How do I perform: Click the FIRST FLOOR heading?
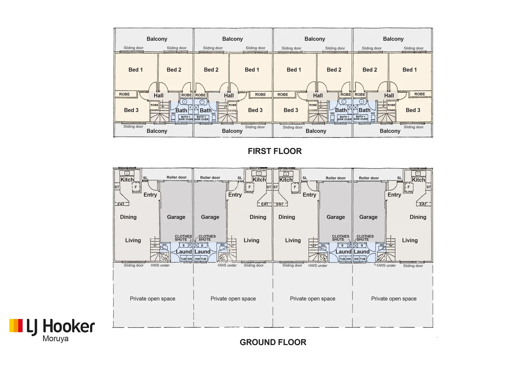point(275,151)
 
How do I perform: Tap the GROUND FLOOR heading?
point(273,342)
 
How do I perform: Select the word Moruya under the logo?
point(56,339)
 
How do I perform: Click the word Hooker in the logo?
point(69,326)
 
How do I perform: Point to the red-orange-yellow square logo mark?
point(16,325)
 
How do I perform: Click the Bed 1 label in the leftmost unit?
point(136,70)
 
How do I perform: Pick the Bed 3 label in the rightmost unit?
point(413,110)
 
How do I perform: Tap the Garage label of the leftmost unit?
point(176,217)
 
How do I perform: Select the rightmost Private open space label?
point(394,299)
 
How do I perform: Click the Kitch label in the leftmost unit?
point(127,180)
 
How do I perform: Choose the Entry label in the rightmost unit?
point(394,195)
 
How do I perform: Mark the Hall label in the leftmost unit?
point(158,96)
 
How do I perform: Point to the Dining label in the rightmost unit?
point(418,217)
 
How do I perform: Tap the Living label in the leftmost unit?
point(133,240)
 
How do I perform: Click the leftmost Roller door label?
point(176,178)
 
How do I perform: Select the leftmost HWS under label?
point(160,265)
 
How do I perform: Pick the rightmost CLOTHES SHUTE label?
point(365,238)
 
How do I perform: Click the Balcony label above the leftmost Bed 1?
point(157,39)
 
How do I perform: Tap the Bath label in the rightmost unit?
point(364,110)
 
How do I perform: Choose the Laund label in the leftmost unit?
point(184,252)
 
